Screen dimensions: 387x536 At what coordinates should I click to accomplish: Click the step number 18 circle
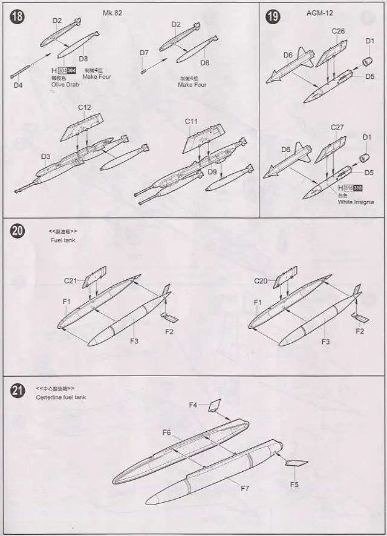coord(17,16)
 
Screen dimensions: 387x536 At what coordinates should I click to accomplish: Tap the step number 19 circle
coord(273,16)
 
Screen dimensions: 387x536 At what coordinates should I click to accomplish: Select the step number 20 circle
coord(18,231)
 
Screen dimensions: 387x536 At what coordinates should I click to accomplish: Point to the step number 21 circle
coord(18,390)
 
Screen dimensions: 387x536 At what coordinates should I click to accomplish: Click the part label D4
coord(18,85)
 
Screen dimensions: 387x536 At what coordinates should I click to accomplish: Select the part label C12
coord(85,108)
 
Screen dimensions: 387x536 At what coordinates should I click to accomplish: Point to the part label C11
coord(192,122)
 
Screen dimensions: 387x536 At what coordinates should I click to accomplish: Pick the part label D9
coord(212,172)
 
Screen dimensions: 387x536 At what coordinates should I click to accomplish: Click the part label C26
coord(338,31)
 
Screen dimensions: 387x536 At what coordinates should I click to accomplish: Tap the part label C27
coord(337,127)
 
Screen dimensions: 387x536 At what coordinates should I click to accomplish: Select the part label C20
coord(261,281)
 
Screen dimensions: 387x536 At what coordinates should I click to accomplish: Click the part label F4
coord(193,405)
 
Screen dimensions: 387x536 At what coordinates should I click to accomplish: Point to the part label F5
coord(294,485)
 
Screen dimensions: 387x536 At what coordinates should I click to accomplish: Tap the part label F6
coord(167,432)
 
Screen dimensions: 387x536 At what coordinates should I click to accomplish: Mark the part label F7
coord(246,488)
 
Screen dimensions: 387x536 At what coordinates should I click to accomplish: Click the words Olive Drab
coord(65,85)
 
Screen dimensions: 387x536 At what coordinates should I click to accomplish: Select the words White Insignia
coord(356,202)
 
